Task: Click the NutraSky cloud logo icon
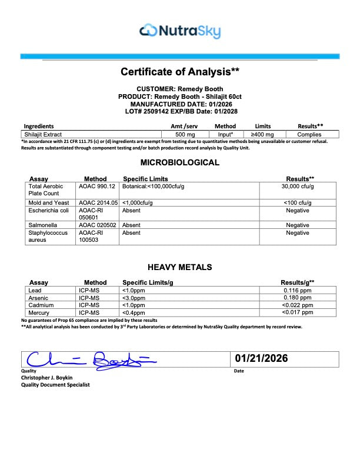tap(149, 29)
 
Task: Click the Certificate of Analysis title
tap(180, 72)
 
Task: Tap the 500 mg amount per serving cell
tap(180, 134)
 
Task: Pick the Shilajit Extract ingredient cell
tap(44, 134)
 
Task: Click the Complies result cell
tap(309, 134)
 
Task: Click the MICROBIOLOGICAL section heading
tap(180, 162)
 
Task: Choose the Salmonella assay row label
tap(42, 225)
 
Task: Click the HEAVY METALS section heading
tap(180, 267)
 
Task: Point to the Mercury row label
tap(40, 313)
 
